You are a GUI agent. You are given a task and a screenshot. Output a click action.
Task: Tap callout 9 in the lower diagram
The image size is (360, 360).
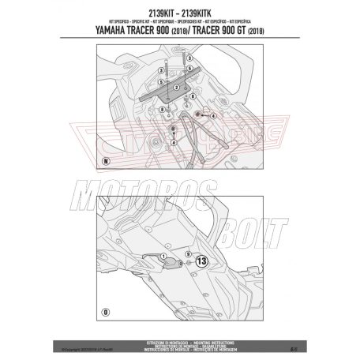(186, 255)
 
